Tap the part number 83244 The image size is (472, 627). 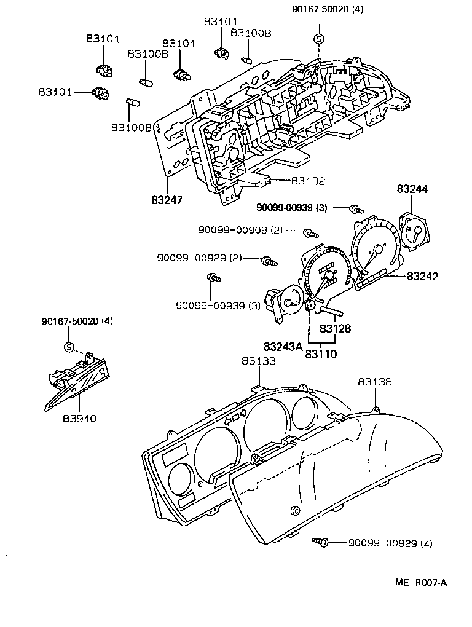click(412, 189)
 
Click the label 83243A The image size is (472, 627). click(283, 347)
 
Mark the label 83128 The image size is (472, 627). click(336, 329)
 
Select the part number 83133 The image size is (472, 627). click(258, 361)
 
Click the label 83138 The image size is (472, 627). click(375, 382)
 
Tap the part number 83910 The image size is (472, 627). click(79, 419)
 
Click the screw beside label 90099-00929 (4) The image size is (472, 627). click(321, 542)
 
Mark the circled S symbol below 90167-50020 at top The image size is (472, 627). click(318, 39)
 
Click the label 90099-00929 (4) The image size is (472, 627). click(390, 543)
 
